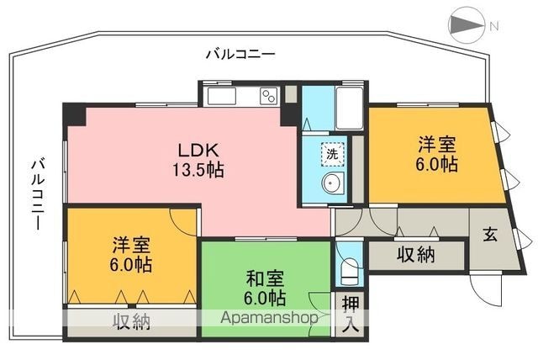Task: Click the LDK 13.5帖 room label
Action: click(x=198, y=160)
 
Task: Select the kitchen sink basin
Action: click(x=221, y=96)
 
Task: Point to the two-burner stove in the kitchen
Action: click(x=269, y=96)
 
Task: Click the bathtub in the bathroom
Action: click(x=350, y=108)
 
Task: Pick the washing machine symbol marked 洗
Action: click(x=332, y=154)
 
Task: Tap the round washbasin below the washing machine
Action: click(x=333, y=183)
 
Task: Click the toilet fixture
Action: click(x=350, y=271)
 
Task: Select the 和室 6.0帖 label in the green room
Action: click(x=265, y=288)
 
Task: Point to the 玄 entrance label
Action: click(x=490, y=235)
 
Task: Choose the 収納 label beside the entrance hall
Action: click(x=416, y=255)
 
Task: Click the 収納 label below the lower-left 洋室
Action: click(x=132, y=321)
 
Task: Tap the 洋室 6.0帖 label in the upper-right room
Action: click(x=436, y=153)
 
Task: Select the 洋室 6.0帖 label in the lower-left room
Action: click(x=131, y=254)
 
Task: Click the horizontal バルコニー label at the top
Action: click(x=240, y=54)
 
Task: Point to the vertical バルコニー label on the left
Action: click(x=38, y=194)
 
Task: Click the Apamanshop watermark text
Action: click(x=269, y=318)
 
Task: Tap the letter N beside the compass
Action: click(x=493, y=26)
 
